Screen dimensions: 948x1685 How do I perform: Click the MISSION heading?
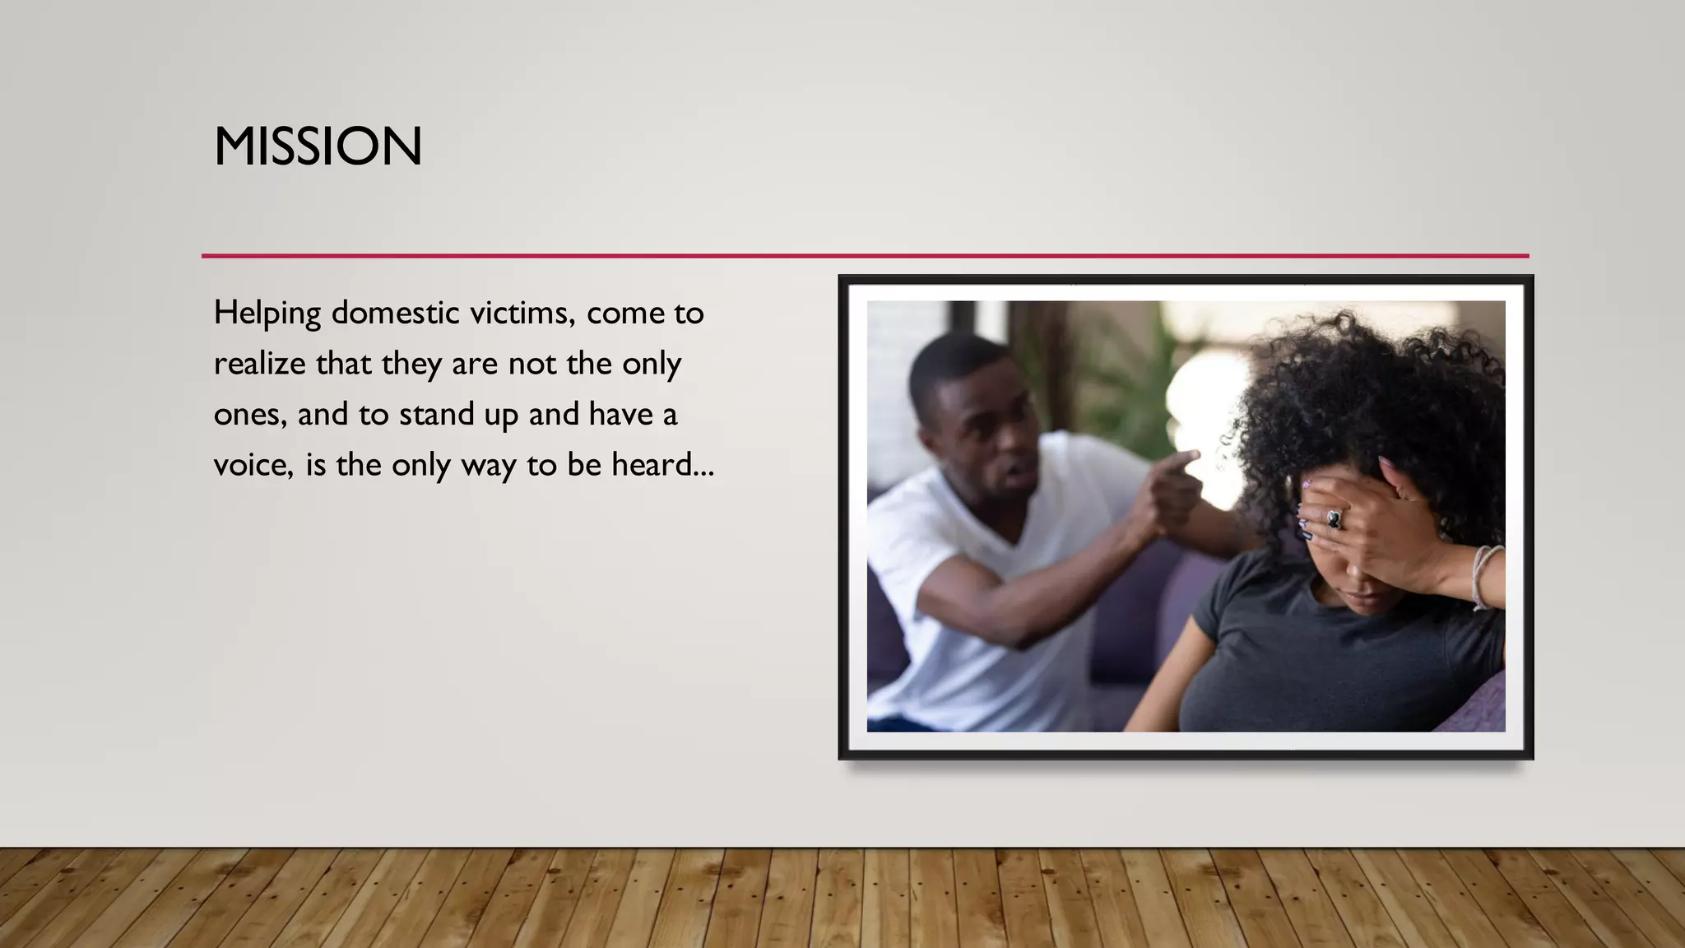[318, 146]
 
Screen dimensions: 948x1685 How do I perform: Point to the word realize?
[259, 364]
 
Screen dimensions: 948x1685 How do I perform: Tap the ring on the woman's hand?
[1334, 518]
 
